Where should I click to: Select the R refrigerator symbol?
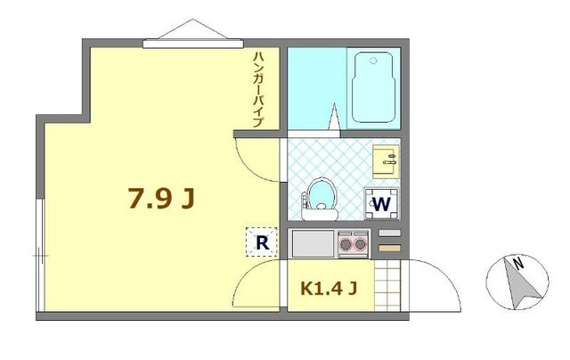click(x=261, y=241)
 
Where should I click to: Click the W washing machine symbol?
click(x=381, y=203)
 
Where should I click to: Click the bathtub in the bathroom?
click(x=376, y=89)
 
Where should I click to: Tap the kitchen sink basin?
click(x=312, y=241)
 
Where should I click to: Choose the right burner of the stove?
click(x=361, y=241)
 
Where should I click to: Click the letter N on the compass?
click(x=517, y=262)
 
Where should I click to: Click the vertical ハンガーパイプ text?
click(x=258, y=89)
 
